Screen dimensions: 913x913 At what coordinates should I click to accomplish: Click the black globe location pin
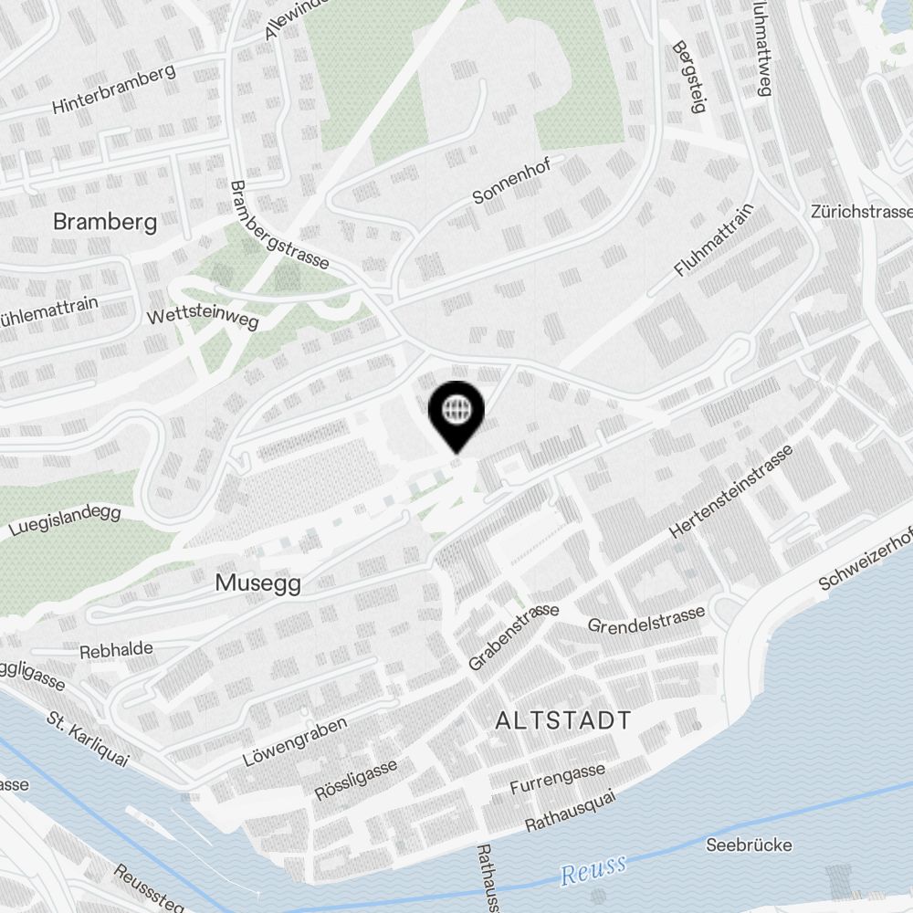click(455, 413)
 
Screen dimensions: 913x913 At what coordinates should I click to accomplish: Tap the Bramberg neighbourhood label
click(105, 221)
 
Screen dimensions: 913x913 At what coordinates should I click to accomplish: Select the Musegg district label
click(258, 582)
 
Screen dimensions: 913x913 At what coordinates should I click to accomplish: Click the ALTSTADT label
click(562, 720)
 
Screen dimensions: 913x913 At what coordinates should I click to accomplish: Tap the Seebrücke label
click(750, 845)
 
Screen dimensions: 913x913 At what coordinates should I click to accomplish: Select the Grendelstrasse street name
click(646, 620)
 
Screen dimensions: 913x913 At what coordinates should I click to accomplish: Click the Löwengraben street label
click(295, 742)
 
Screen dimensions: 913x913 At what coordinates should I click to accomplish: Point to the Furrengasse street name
click(558, 780)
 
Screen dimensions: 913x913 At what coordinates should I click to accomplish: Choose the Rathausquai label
click(571, 811)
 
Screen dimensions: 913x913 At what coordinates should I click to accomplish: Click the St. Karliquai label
click(88, 735)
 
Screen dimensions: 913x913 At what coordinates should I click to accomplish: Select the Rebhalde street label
click(116, 651)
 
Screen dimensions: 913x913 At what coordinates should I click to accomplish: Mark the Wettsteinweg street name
click(203, 316)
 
